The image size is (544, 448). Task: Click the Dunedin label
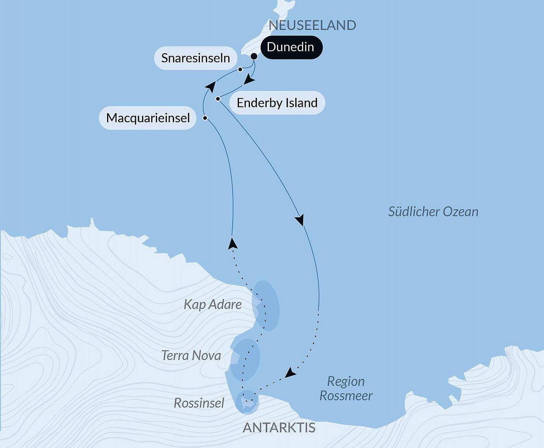[291, 48]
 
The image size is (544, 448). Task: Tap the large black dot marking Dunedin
[254, 57]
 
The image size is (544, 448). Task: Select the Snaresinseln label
[196, 58]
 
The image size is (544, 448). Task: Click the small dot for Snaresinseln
[240, 70]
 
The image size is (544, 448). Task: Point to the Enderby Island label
[277, 103]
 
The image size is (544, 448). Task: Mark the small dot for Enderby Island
[218, 99]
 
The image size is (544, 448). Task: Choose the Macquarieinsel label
[148, 118]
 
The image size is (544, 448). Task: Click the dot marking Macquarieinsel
[205, 118]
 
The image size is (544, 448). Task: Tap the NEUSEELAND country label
[312, 25]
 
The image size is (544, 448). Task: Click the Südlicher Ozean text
[433, 212]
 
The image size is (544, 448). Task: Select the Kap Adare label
[213, 305]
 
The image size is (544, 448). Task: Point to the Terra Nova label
[191, 356]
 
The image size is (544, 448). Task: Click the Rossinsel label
[199, 403]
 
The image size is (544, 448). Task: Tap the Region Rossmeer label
[346, 388]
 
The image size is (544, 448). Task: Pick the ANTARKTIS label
[279, 428]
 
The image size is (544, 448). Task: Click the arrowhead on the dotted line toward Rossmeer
[290, 373]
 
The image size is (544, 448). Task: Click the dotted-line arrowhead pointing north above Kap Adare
[233, 243]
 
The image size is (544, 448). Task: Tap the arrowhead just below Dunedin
[249, 79]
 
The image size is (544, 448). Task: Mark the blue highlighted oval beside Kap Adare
[266, 306]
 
